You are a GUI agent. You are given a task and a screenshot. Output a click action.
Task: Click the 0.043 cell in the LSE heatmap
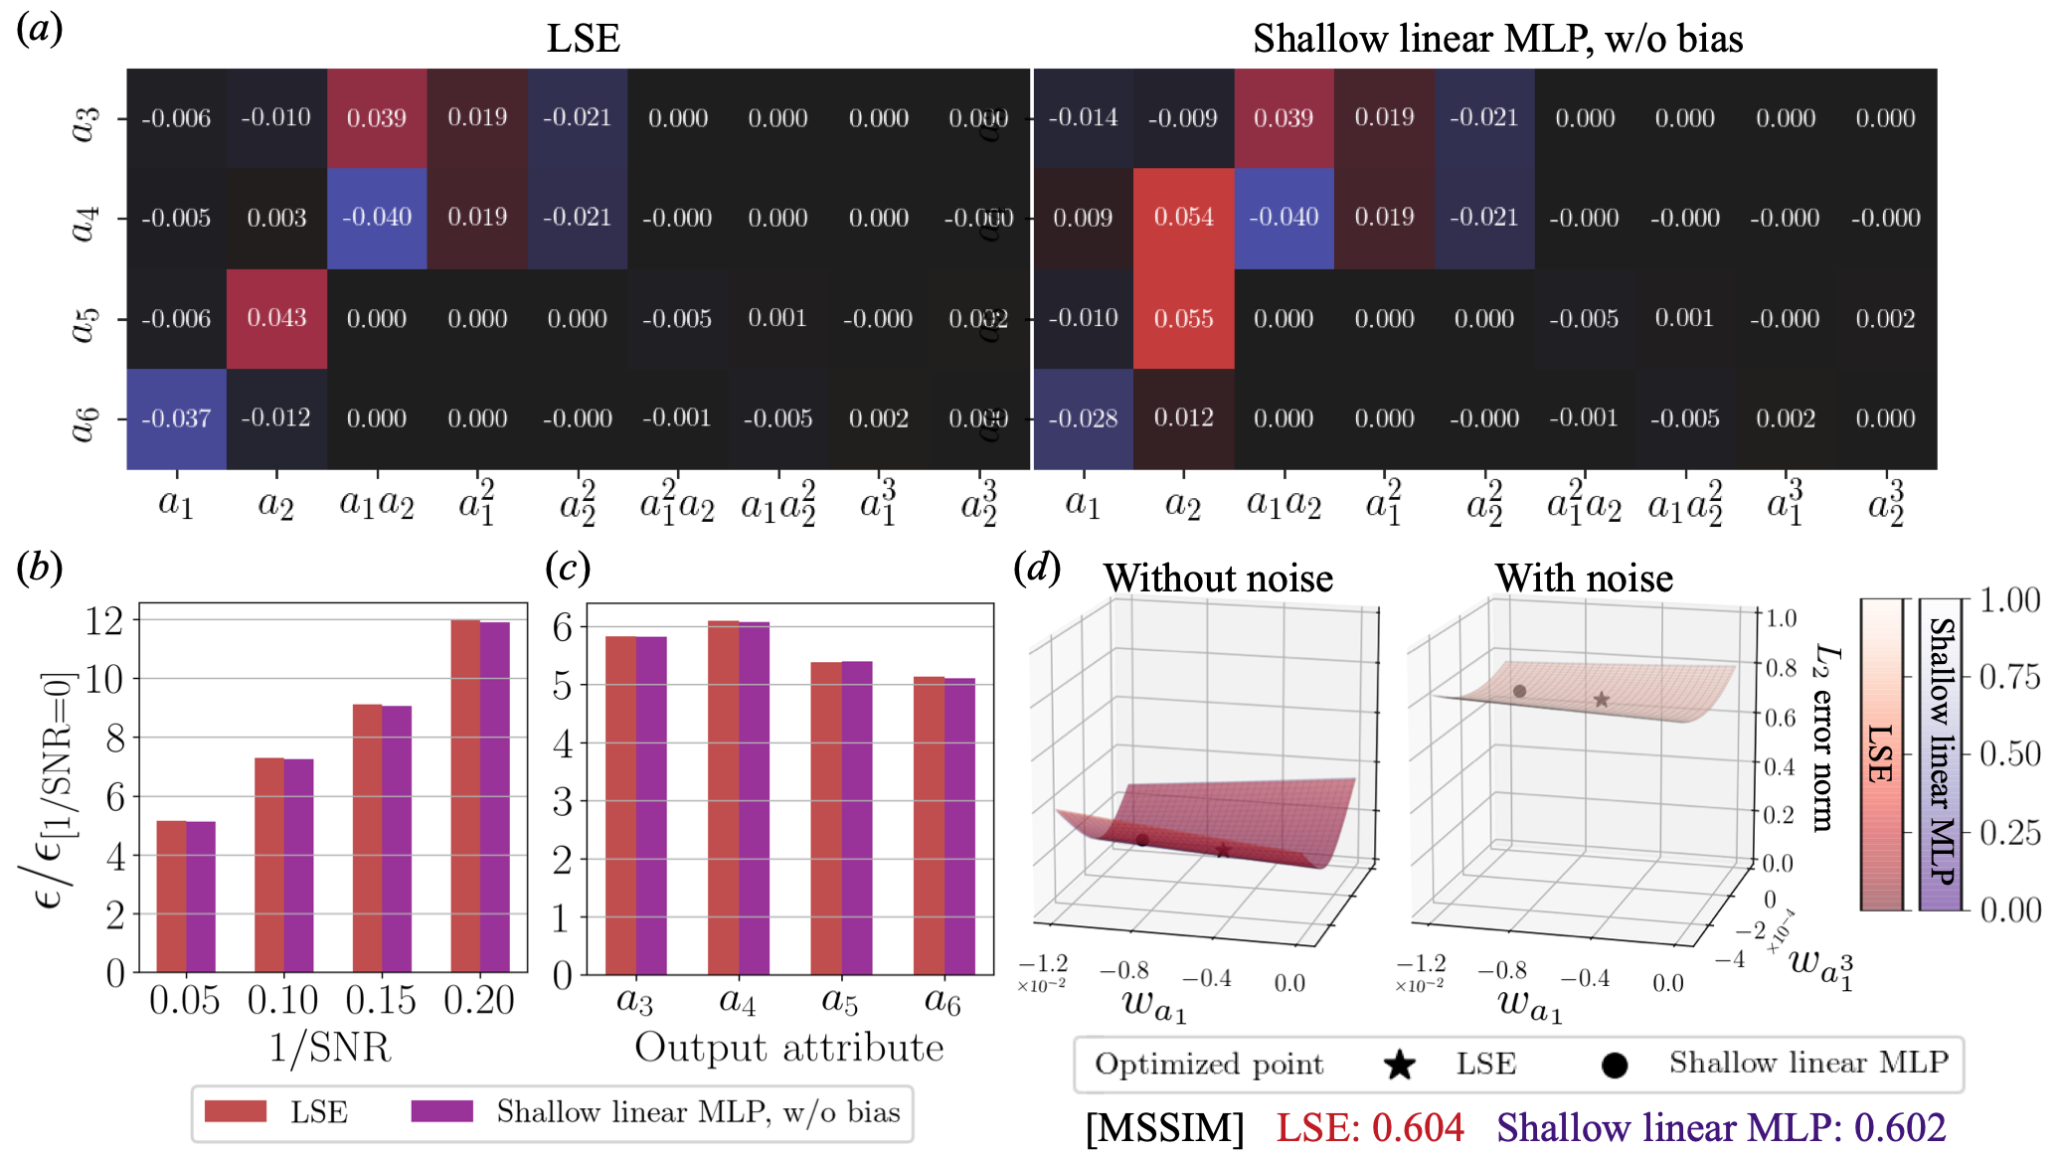pos(276,318)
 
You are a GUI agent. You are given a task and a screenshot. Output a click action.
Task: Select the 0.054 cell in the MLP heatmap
pos(1183,218)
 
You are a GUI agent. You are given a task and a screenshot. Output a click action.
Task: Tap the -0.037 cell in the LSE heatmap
pos(176,418)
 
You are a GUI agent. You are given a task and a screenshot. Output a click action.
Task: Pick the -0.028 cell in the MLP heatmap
pos(1083,418)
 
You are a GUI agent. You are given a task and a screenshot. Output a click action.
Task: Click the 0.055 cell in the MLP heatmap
pos(1183,318)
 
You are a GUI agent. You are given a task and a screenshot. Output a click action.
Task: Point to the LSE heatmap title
pos(584,39)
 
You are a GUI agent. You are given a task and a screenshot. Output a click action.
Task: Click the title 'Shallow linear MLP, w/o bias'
pos(1497,39)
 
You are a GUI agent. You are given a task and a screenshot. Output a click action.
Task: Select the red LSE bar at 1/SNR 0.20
pos(465,795)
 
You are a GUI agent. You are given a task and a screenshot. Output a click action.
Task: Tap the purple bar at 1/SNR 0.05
pos(201,897)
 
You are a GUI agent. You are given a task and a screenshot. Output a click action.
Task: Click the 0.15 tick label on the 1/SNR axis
pos(381,1000)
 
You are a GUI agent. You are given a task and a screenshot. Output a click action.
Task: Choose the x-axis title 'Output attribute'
pos(789,1048)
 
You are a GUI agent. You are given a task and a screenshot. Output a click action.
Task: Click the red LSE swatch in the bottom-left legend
pos(236,1111)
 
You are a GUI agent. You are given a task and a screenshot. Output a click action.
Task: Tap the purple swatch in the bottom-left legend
pos(442,1111)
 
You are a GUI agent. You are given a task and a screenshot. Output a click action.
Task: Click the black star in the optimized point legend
pos(1400,1066)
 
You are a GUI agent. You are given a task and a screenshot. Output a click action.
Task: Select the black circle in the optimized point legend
pos(1615,1066)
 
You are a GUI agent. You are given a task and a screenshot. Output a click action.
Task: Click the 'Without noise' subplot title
pos(1218,578)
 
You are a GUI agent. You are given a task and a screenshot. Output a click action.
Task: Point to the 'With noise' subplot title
pos(1584,578)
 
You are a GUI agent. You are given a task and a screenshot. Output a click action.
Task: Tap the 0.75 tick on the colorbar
pos(2009,677)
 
